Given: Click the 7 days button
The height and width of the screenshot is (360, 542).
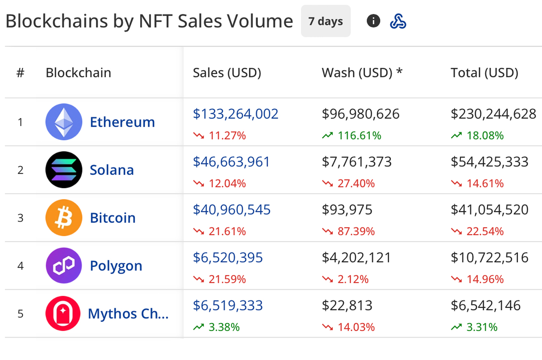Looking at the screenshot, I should point(326,21).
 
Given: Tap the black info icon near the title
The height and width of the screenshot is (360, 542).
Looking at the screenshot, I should point(373,21).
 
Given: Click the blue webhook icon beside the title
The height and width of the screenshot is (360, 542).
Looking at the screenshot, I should point(398,21).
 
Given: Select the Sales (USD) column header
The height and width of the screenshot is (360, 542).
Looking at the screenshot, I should point(227,73).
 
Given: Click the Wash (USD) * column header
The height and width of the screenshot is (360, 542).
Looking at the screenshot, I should point(362,73).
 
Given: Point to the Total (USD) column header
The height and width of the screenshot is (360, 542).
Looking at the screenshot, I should point(484,73).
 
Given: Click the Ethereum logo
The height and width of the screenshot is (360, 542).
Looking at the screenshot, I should point(64,122).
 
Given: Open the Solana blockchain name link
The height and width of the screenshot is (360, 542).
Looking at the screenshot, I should point(112,170).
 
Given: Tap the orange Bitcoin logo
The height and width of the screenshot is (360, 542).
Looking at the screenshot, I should point(64,218).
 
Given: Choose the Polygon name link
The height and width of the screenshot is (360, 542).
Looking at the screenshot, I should point(116,266).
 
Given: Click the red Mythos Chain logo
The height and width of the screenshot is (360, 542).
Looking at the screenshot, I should point(63,313).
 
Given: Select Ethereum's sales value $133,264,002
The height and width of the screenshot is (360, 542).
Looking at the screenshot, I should point(235,114).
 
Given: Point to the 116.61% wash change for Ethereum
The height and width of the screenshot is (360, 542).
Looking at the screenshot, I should point(359,136).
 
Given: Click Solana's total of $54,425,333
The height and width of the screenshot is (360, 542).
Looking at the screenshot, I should point(489,162).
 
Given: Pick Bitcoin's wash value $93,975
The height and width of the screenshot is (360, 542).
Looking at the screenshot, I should point(347,210).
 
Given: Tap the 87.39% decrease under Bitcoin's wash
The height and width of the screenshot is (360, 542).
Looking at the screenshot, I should point(356,231).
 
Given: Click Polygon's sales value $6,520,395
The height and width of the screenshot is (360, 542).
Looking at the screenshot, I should point(228,258).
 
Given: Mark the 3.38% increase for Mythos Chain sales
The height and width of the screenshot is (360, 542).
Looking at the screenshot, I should point(224,327).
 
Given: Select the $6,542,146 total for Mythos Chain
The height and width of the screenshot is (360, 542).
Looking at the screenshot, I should point(486,305).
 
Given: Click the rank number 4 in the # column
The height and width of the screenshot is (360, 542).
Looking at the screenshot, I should point(20,266).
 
